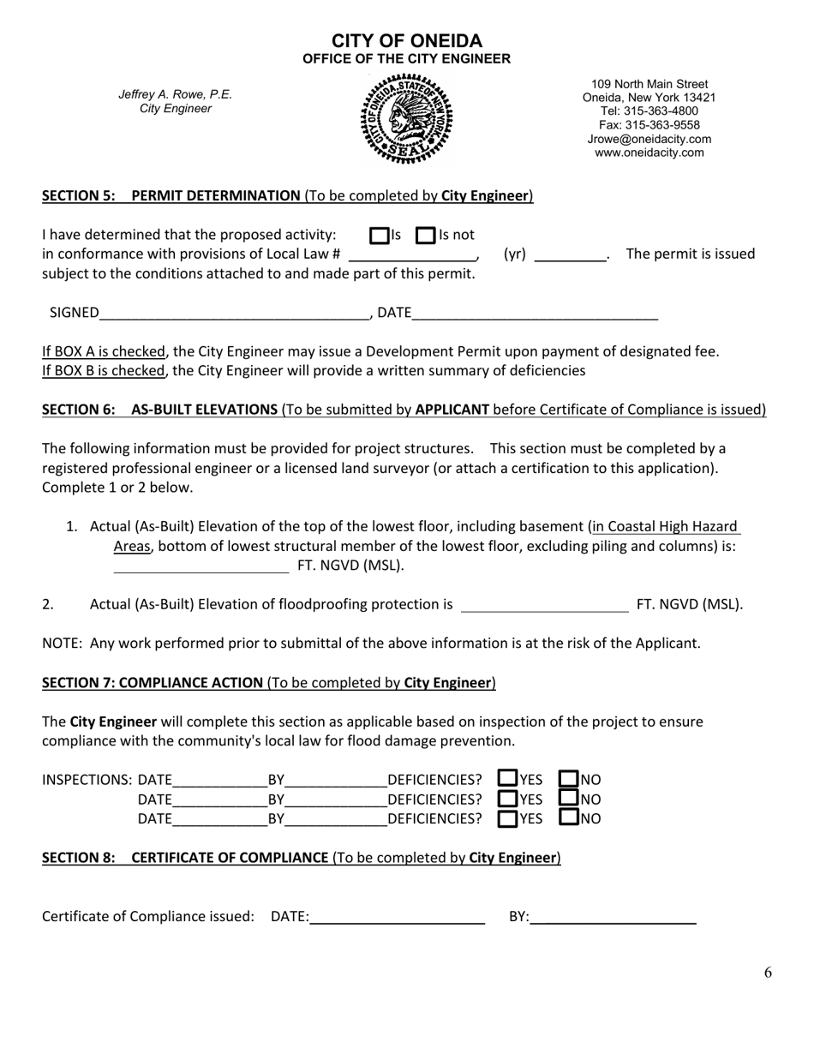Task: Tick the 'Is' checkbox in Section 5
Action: [379, 235]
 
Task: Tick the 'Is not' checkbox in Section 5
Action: [425, 235]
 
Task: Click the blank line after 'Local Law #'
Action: [412, 255]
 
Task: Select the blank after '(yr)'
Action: [570, 255]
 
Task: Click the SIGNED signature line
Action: [234, 314]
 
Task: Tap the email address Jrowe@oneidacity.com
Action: [649, 139]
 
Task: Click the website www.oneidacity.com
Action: [649, 153]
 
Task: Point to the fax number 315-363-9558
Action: [649, 125]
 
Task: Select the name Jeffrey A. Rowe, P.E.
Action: [175, 94]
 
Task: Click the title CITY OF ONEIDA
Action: [406, 41]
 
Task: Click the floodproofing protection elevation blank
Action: [544, 606]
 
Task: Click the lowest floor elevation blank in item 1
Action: [201, 566]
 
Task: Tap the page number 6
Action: [768, 972]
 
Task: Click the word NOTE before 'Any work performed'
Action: [60, 643]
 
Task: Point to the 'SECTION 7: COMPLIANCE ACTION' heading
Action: [153, 683]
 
